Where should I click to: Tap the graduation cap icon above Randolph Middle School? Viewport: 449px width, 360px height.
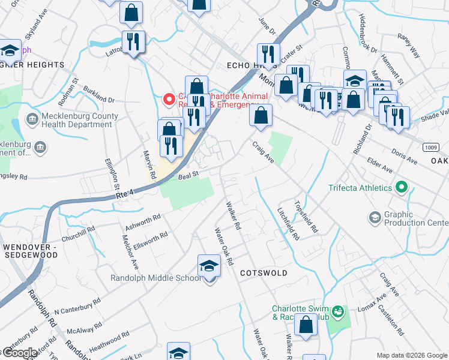pyautogui.click(x=209, y=265)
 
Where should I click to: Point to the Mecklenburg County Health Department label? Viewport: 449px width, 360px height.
pyautogui.click(x=77, y=120)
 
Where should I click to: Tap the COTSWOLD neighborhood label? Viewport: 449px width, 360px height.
pyautogui.click(x=264, y=272)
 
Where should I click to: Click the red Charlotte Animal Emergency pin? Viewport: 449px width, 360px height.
pyautogui.click(x=169, y=98)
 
